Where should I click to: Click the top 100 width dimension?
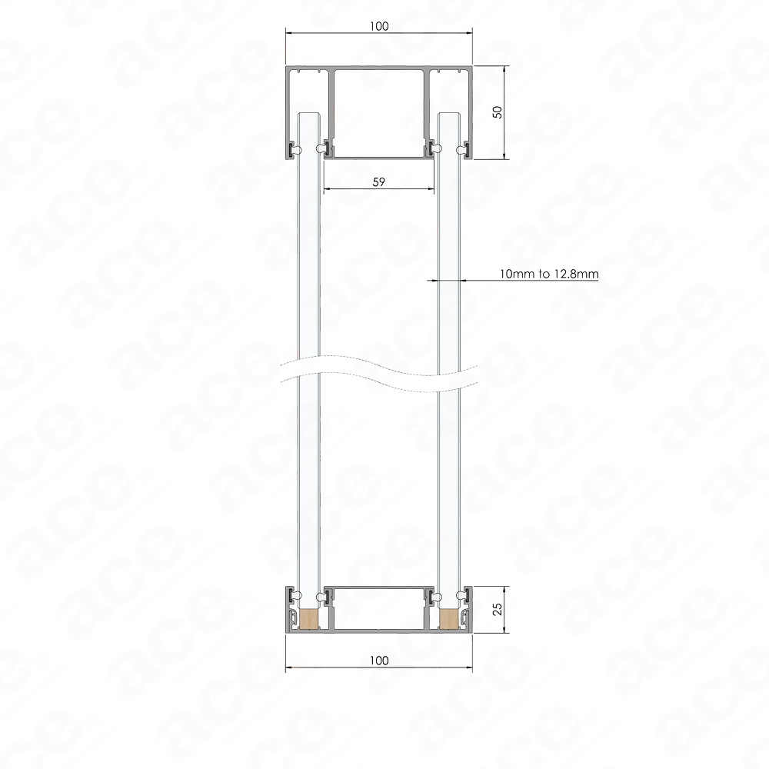[379, 26]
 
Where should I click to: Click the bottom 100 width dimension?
[379, 661]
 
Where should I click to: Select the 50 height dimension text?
[498, 112]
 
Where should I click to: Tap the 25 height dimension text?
[498, 609]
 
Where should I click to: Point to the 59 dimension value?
[378, 182]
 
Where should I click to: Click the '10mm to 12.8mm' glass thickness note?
[549, 274]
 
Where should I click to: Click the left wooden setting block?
[309, 618]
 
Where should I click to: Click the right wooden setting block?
[448, 618]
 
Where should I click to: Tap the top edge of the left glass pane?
[309, 112]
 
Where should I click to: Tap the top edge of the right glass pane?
[448, 112]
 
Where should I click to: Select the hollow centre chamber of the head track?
[378, 113]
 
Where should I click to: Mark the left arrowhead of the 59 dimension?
[325, 188]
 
